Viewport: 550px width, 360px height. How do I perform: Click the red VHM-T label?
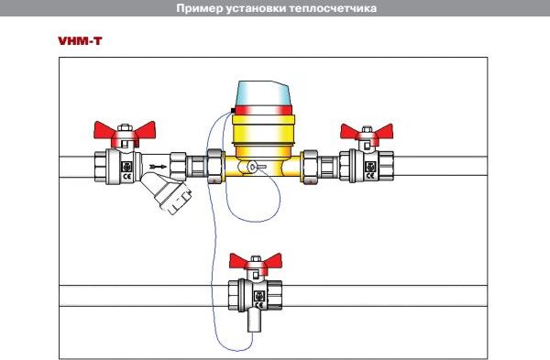tap(80, 41)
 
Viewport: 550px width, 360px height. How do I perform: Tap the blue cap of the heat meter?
tap(263, 93)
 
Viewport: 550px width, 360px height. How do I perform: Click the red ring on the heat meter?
tap(263, 111)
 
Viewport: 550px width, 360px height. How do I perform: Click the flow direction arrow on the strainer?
tap(158, 167)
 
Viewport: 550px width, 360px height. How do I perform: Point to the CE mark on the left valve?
tap(127, 176)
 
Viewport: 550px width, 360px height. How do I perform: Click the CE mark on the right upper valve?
tap(370, 176)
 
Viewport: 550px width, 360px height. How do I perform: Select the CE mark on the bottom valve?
tap(259, 305)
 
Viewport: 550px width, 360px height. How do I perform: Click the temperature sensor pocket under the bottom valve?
tap(254, 321)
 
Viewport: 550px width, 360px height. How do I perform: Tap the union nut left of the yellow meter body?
tap(214, 166)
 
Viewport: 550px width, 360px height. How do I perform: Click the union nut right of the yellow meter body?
tap(311, 167)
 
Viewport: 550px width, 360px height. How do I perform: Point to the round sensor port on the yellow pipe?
tap(252, 168)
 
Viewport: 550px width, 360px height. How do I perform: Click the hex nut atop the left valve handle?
tap(125, 127)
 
